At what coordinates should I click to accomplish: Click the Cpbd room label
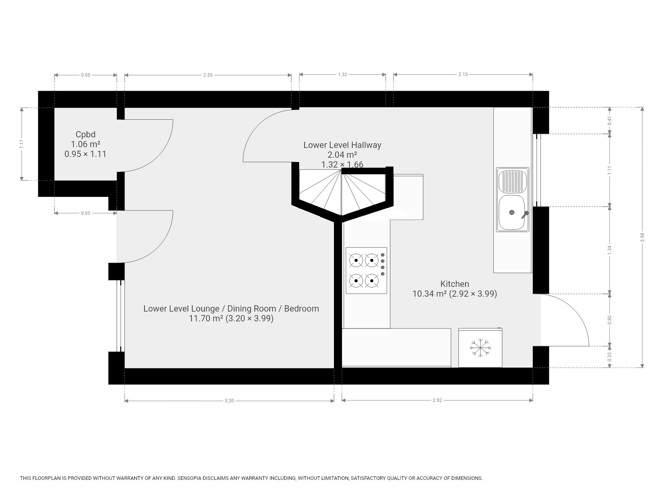pos(85,135)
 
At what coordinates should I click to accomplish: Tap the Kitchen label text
pos(455,284)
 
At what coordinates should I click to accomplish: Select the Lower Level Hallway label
pos(342,145)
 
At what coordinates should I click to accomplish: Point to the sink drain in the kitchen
pos(512,213)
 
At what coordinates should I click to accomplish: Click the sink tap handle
pos(525,215)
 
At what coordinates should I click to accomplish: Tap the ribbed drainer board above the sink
pos(512,181)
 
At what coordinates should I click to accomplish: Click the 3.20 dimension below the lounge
pos(229,400)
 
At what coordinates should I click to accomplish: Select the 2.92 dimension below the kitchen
pos(437,400)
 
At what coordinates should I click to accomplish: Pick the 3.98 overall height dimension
pos(642,238)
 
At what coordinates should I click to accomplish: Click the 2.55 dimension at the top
pos(208,75)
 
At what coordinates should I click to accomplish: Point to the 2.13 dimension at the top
pos(463,74)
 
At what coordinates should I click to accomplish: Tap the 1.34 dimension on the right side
pos(610,250)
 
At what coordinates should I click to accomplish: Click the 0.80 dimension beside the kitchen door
pos(610,320)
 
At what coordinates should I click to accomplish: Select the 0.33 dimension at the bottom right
pos(610,357)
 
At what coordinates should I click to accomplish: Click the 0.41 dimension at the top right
pos(610,121)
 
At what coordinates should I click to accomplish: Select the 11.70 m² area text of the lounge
pos(206,319)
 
